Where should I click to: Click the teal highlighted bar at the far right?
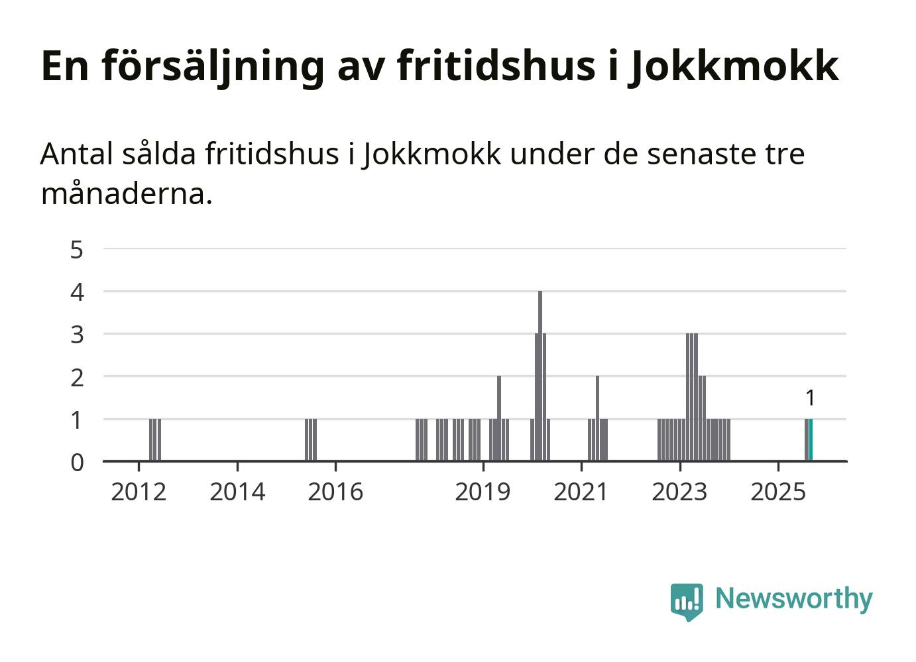coord(811,440)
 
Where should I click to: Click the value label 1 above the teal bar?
coord(810,398)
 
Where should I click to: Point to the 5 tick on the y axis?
coord(78,250)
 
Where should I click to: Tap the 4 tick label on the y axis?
coord(78,292)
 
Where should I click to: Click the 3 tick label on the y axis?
coord(78,335)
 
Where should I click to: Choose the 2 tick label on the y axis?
coord(78,377)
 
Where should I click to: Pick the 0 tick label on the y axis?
coord(78,462)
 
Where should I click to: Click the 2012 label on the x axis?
coord(139,492)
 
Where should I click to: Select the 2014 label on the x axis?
coord(237,492)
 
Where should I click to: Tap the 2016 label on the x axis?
coord(335,492)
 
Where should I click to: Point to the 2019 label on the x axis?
coord(483,492)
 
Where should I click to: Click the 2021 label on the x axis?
coord(581,492)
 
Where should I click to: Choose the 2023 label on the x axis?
coord(679,492)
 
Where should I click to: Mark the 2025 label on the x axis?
coord(778,492)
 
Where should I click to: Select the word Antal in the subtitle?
coord(77,154)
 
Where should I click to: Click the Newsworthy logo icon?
coord(687,601)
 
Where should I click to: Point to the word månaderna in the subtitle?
coord(126,194)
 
